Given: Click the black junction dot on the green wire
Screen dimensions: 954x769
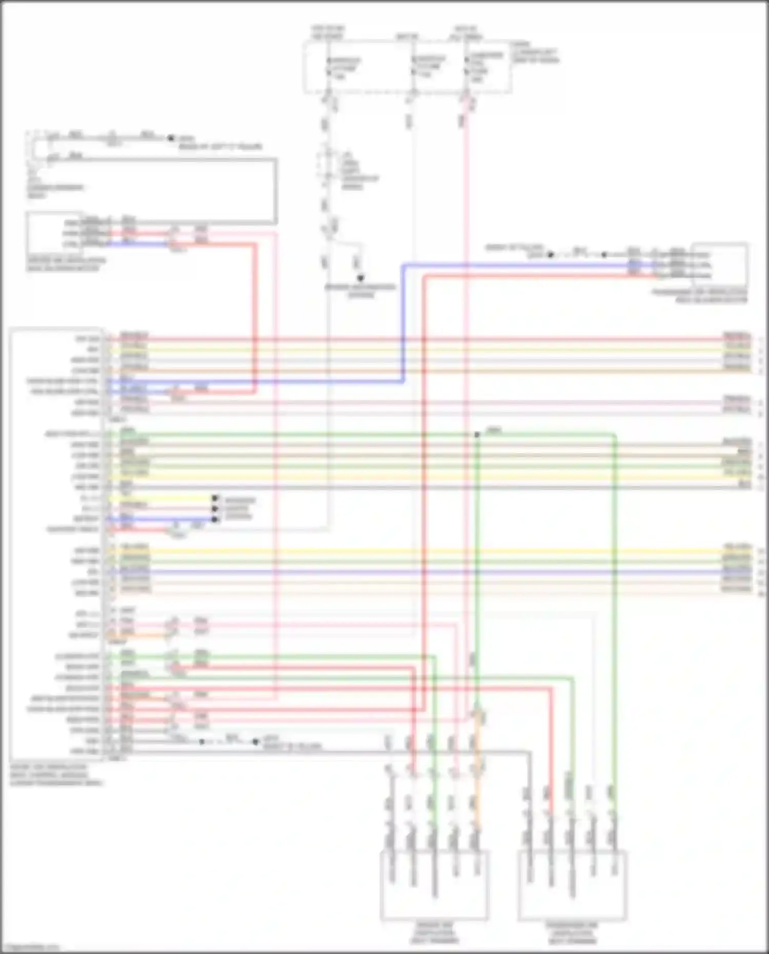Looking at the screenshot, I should (477, 435).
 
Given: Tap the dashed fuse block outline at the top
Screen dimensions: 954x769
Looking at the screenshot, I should (408, 68).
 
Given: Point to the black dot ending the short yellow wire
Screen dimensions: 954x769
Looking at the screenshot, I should (215, 498).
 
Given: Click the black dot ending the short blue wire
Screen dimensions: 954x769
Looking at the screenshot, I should (215, 519).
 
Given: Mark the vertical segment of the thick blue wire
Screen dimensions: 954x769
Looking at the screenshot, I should (403, 323).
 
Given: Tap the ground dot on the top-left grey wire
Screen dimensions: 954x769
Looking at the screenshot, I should (171, 138).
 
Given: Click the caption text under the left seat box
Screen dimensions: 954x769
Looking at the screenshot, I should (434, 933).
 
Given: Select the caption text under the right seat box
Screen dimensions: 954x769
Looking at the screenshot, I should (572, 933).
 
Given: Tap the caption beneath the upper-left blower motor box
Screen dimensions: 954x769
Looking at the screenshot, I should (66, 264).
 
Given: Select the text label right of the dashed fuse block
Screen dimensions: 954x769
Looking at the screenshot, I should (535, 52).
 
